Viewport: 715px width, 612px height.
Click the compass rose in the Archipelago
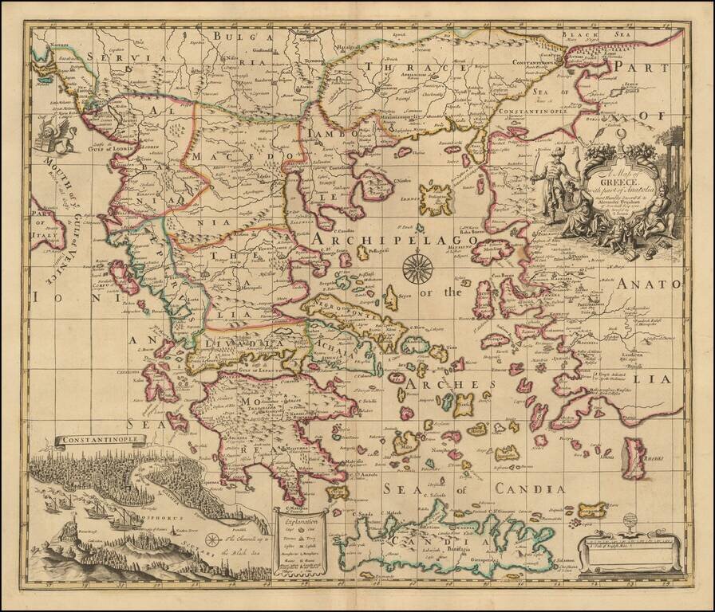pos(415,267)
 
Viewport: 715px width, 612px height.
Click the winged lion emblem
pos(58,133)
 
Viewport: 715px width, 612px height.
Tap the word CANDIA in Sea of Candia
pos(529,488)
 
